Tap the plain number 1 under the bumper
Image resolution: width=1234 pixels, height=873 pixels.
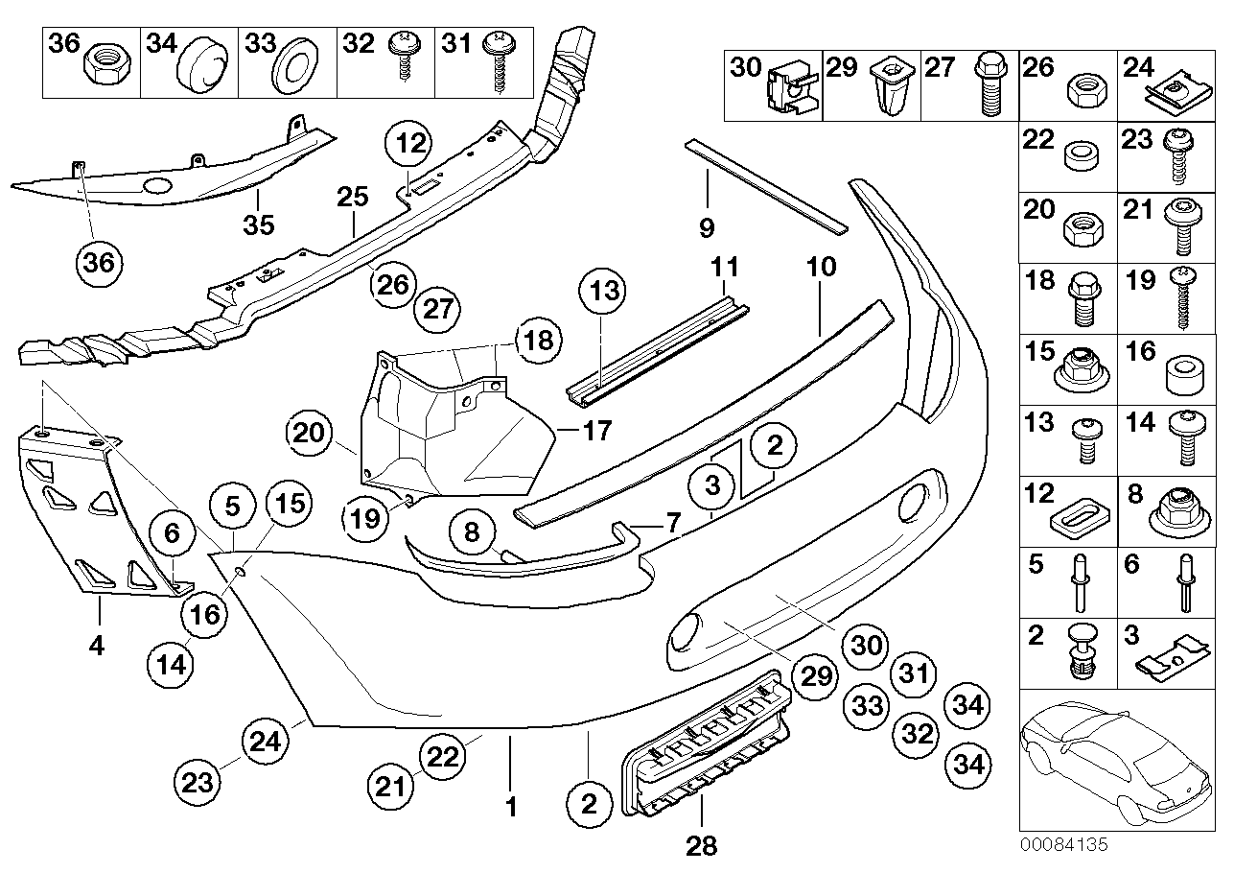511,808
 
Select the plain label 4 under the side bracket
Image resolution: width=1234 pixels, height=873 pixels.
95,647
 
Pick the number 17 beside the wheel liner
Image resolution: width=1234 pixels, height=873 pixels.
596,432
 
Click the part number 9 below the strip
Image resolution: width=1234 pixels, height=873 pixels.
707,229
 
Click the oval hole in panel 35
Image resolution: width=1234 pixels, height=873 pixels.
157,187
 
